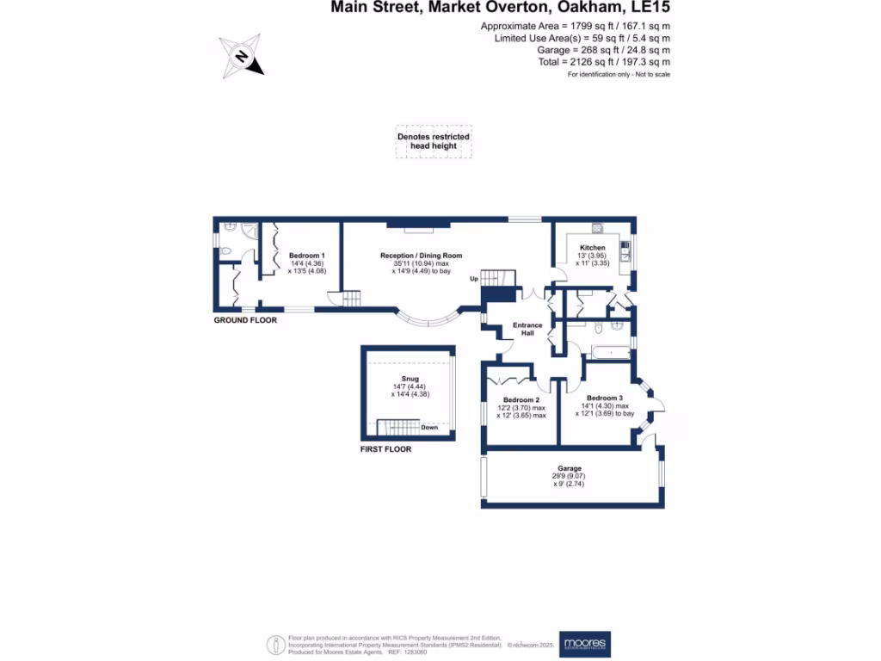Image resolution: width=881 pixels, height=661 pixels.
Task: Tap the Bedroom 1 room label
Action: (307, 256)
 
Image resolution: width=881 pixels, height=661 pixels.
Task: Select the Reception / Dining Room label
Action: (422, 256)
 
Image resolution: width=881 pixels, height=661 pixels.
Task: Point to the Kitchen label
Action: (592, 248)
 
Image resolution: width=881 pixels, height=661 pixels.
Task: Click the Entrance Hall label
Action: (527, 329)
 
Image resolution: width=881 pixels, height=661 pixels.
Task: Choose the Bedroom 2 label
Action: (521, 400)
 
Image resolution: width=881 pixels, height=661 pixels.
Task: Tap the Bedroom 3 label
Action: (605, 398)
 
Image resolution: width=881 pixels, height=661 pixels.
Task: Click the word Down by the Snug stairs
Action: (429, 427)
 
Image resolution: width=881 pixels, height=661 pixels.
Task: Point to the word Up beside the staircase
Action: (473, 279)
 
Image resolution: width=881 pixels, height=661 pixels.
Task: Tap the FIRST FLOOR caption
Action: (386, 449)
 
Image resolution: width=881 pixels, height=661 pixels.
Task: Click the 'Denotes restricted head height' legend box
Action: (434, 142)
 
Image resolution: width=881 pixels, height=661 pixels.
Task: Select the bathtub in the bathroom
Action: (608, 351)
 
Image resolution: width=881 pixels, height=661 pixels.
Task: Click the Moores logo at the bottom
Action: (584, 643)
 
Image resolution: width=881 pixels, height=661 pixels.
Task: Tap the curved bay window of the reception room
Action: (429, 320)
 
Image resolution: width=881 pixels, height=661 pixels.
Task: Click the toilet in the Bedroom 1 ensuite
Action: (225, 251)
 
